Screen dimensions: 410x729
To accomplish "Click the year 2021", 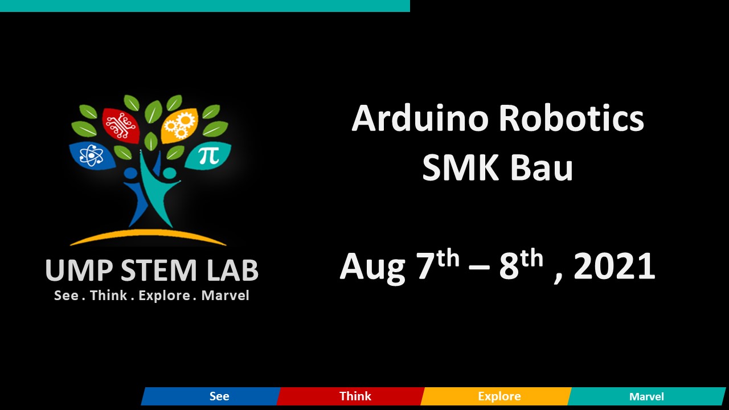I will click(615, 266).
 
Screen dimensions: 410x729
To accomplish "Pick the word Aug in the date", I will click(373, 268).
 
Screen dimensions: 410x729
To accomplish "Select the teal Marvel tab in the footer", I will click(646, 396).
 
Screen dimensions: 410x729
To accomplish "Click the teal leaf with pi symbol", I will click(207, 155).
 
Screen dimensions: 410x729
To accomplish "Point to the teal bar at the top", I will click(205, 6).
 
